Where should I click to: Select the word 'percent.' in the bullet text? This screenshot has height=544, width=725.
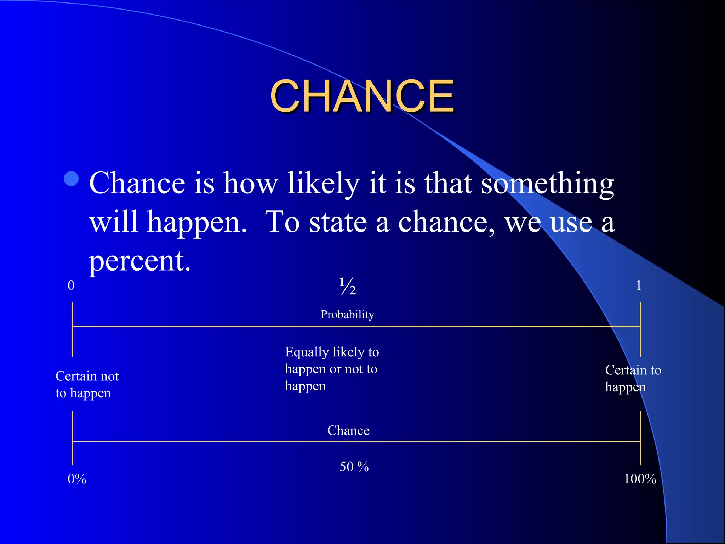point(139,261)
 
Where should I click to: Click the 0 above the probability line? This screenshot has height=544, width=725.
point(71,285)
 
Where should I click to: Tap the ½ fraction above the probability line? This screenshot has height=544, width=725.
point(348,286)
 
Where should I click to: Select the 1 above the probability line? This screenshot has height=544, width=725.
point(639,285)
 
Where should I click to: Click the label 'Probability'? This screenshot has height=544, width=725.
point(347,314)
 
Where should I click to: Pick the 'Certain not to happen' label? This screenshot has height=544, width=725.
point(87,385)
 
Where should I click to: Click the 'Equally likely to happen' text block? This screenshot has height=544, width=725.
point(332,369)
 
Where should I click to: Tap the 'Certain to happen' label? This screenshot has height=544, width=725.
point(633,379)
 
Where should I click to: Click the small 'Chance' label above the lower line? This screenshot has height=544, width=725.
point(348,431)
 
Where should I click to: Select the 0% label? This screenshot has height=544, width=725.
point(77,479)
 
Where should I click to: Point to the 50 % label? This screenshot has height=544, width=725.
point(354,467)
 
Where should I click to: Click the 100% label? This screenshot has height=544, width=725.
point(640,479)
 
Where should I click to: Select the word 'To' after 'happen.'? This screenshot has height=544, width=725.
point(282,222)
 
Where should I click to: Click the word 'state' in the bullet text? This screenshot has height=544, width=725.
point(338,222)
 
